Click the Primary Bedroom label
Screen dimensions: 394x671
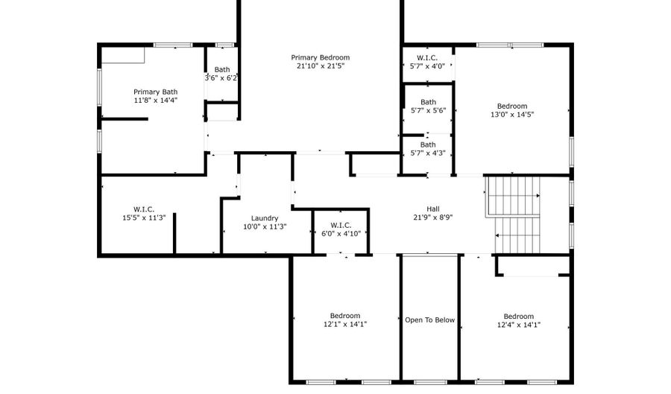[x=320, y=57]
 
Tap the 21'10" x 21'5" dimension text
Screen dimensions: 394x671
[x=320, y=66]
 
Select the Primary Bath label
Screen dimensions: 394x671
[x=156, y=92]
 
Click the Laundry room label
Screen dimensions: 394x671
[x=265, y=218]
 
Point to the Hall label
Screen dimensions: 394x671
[x=433, y=209]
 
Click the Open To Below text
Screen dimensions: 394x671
[x=429, y=320]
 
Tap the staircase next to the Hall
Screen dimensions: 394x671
[x=514, y=214]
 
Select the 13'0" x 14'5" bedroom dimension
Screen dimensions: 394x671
[x=512, y=115]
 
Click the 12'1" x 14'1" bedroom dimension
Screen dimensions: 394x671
[x=345, y=324]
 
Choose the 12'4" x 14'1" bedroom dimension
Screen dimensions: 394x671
[x=518, y=325]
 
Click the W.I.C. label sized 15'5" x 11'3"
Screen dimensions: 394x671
[x=144, y=209]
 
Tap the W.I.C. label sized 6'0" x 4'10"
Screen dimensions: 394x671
[x=341, y=224]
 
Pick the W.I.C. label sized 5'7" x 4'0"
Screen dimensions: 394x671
[x=427, y=57]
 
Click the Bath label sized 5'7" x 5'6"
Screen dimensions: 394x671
[x=428, y=102]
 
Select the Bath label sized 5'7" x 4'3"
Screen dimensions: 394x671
[x=428, y=144]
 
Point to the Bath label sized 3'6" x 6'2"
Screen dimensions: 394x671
[x=222, y=69]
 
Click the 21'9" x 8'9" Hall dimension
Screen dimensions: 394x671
[x=433, y=217]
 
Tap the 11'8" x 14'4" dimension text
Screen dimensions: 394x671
[x=156, y=100]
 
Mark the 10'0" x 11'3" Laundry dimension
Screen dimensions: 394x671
[x=265, y=226]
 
